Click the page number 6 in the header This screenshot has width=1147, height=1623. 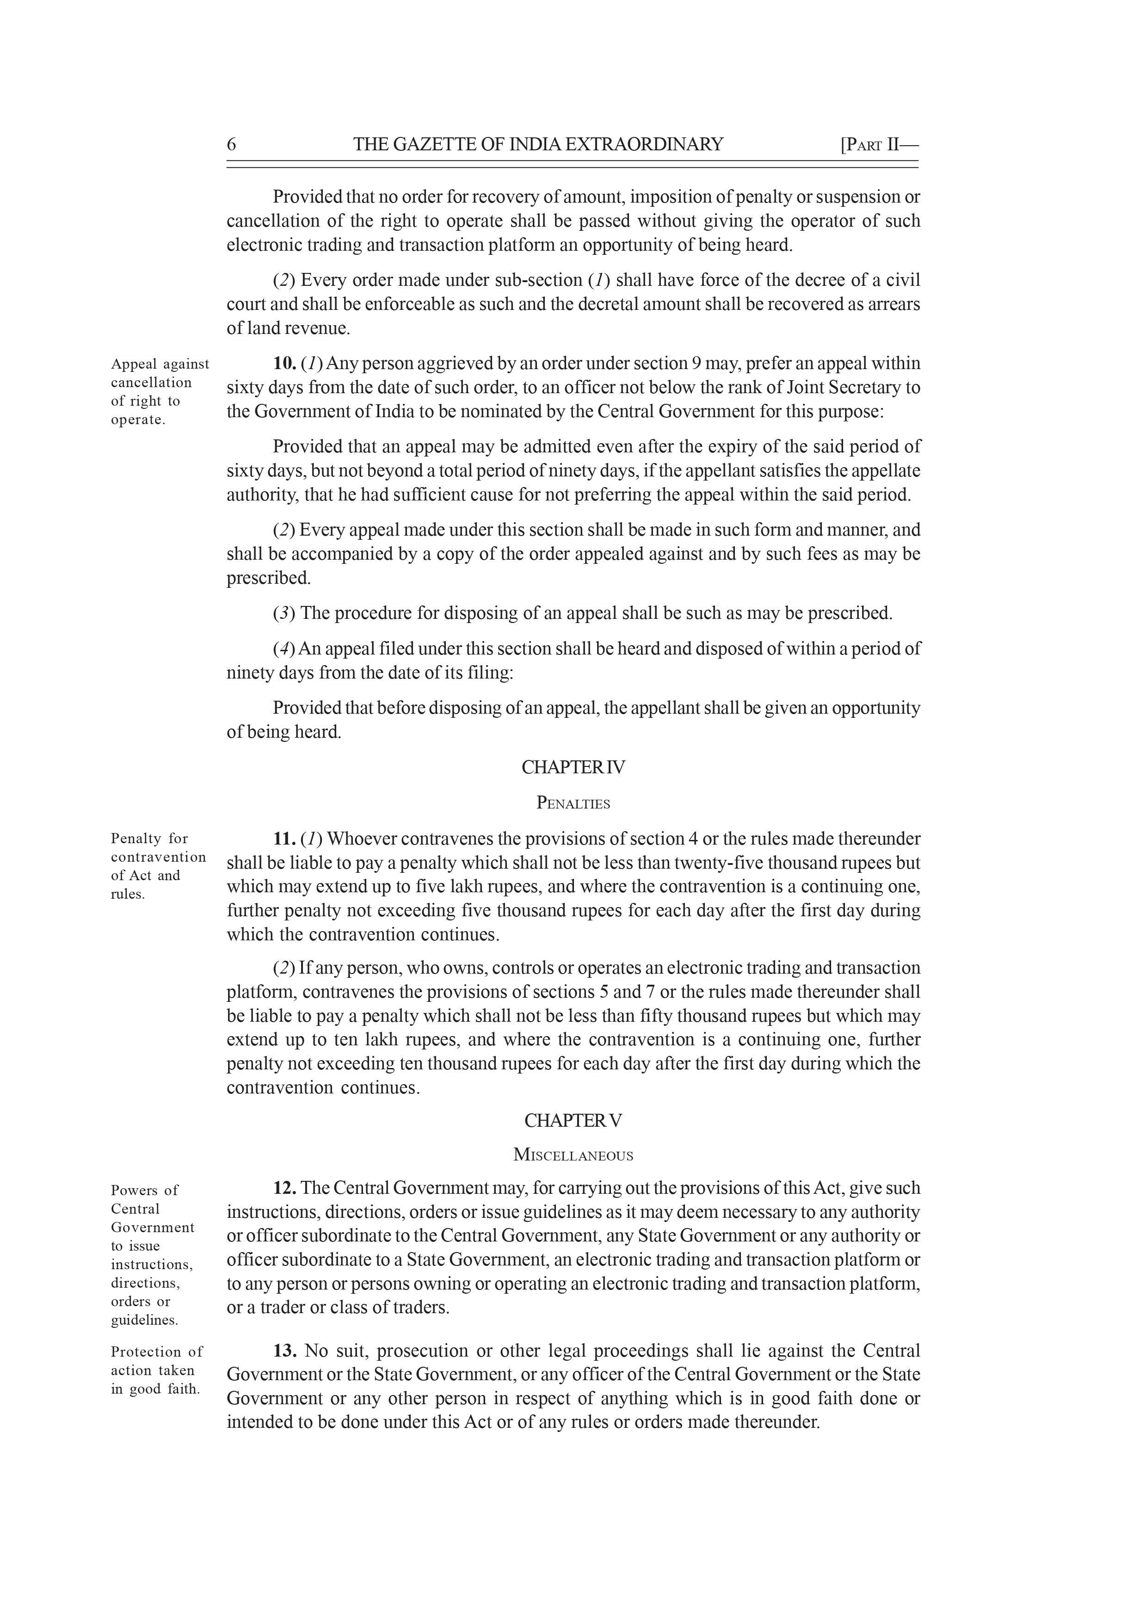pos(231,145)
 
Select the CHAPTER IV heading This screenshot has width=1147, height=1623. pos(573,768)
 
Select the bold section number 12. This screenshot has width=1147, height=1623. pos(285,1188)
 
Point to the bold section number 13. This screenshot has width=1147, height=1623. pos(285,1351)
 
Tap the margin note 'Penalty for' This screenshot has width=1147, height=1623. pos(149,839)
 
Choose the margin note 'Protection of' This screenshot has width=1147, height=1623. pos(156,1351)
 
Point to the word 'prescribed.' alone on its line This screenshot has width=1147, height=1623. pos(269,578)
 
